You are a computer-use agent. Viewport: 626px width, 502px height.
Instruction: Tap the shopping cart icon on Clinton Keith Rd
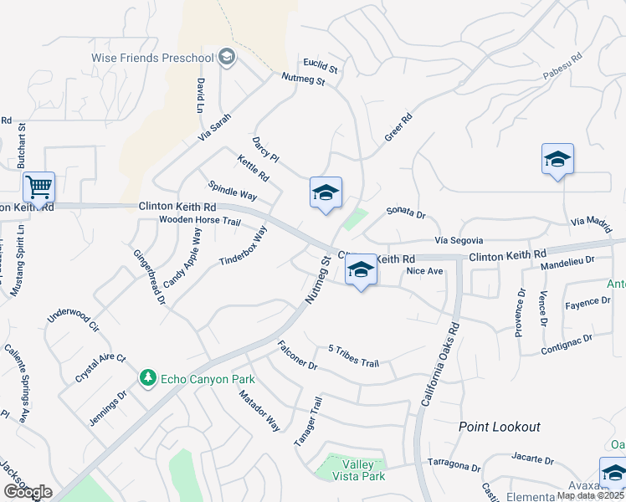[38, 186]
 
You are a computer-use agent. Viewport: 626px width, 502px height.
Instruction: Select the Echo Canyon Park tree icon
[148, 378]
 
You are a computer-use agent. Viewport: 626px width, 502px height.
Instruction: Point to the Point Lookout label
[500, 427]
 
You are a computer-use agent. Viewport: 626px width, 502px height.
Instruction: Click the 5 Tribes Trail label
[354, 356]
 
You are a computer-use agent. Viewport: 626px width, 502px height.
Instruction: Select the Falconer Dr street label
[297, 355]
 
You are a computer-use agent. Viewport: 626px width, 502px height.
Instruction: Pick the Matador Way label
[259, 409]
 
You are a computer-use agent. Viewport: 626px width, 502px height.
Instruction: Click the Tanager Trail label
[305, 423]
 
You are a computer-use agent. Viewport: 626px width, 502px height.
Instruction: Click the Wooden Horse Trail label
[200, 222]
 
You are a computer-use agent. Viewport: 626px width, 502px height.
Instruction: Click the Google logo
[28, 492]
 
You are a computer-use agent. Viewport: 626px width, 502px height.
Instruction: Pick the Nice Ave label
[423, 271]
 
